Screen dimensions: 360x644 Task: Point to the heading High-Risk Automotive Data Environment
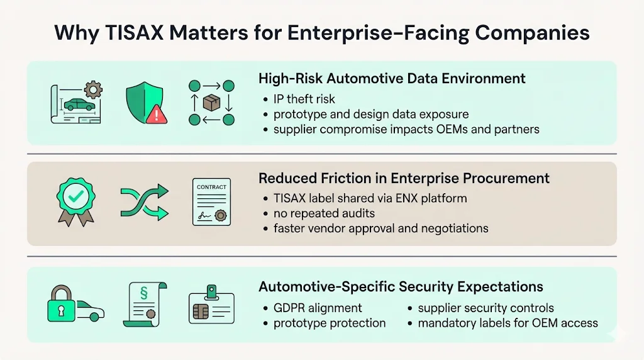coord(392,79)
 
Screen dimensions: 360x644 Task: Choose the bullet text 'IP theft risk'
coord(304,99)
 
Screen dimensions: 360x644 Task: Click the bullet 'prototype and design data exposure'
coord(370,115)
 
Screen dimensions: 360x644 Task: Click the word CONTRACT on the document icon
coord(211,188)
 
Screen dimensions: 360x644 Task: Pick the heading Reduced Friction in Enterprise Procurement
coord(404,179)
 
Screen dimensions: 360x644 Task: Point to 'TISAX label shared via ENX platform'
coord(370,198)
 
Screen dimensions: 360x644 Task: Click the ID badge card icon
coord(212,305)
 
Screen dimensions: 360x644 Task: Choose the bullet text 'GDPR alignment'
coord(318,308)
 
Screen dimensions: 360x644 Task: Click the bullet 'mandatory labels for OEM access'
coord(508,323)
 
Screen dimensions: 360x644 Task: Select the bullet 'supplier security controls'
coord(486,308)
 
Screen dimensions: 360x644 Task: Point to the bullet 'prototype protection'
coord(329,323)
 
